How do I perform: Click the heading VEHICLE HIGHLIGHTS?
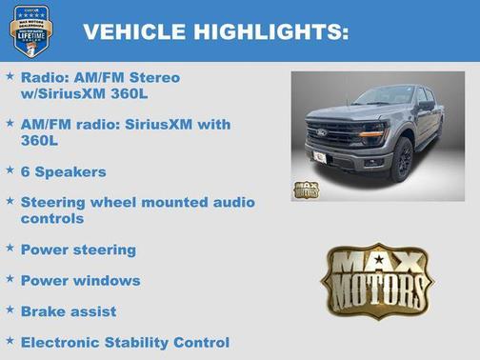(x=215, y=31)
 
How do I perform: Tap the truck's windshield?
(x=381, y=96)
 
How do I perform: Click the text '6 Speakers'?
(x=63, y=171)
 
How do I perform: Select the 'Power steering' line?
(x=78, y=250)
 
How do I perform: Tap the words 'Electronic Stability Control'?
(x=125, y=342)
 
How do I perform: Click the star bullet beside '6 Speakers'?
(x=10, y=170)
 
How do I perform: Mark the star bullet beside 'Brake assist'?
(x=10, y=310)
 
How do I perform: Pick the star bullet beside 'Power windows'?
(x=10, y=279)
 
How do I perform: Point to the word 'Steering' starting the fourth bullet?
(x=54, y=202)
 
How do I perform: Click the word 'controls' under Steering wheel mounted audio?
(x=52, y=218)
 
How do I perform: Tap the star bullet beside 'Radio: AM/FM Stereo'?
(x=10, y=75)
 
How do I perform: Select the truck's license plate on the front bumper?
(x=321, y=157)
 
